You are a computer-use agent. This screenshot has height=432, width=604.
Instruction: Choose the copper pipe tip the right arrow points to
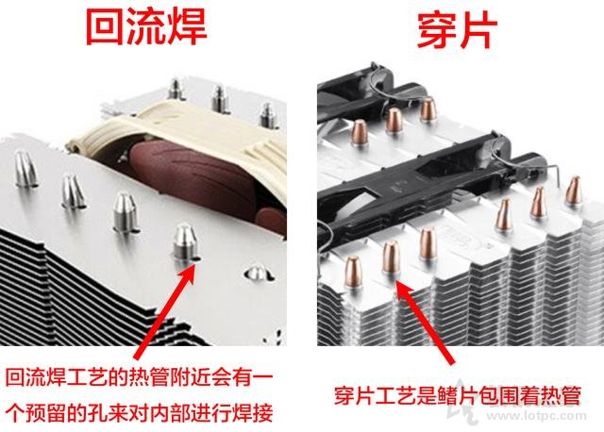coord(391,261)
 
